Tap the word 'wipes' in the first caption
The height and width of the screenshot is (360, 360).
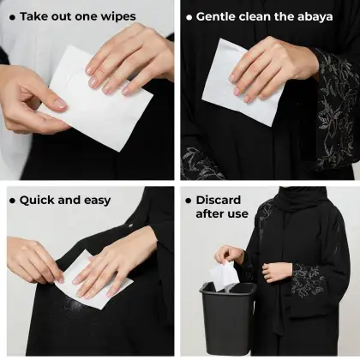[x=117, y=16]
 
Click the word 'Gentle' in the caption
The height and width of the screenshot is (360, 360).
[x=218, y=16]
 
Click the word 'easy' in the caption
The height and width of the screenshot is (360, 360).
[x=96, y=201]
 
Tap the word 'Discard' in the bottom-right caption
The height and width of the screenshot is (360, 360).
[x=218, y=200]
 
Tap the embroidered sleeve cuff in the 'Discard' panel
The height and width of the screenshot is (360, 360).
[x=309, y=283]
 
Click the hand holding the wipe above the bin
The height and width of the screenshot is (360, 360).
[x=229, y=255]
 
